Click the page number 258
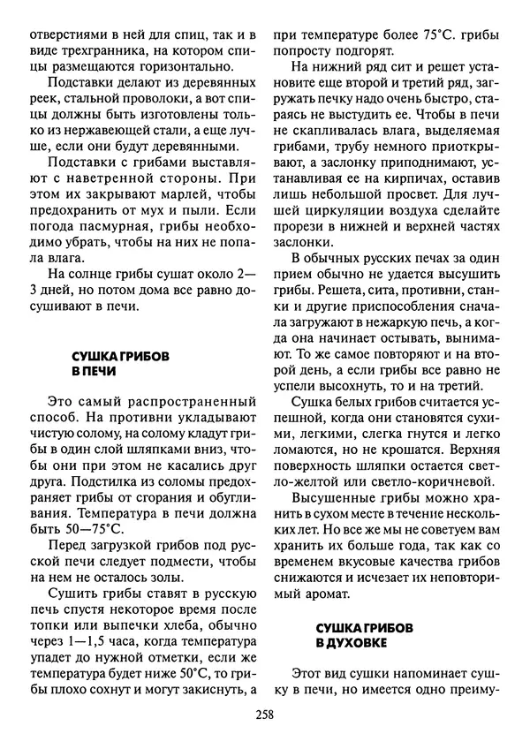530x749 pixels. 264,716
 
